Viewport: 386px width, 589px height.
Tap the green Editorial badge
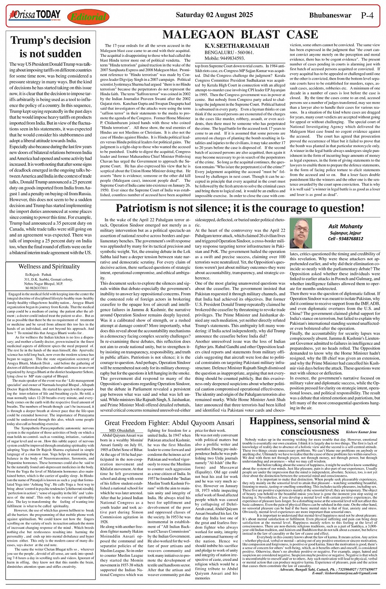(x=88, y=17)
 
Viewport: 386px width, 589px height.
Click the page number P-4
(x=367, y=16)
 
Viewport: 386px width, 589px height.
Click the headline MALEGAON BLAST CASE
(x=240, y=35)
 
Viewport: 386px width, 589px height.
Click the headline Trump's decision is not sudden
(x=51, y=47)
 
